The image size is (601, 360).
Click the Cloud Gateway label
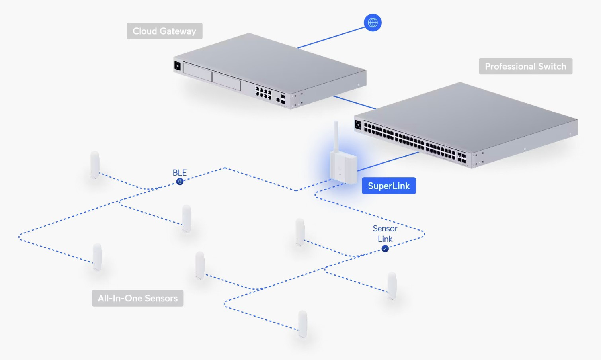pos(164,31)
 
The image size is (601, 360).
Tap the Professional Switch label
pos(525,66)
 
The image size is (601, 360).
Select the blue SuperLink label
pos(388,186)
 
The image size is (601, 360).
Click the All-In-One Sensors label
pos(137,298)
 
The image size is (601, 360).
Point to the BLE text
pos(180,172)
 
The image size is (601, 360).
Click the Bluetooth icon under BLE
pos(180,182)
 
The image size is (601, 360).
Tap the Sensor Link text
pos(385,233)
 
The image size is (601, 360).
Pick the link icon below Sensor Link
pos(385,249)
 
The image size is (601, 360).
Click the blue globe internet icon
pos(373,23)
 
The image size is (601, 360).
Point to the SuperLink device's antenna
pos(336,135)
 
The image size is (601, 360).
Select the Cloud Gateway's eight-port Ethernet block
pos(263,93)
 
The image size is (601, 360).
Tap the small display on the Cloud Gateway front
pos(178,66)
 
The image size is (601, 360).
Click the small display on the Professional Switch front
pos(358,125)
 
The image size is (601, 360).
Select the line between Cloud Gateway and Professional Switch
pos(354,102)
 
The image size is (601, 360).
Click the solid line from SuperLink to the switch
pos(388,161)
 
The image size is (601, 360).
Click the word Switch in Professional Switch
pos(552,66)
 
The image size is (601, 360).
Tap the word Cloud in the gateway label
pos(144,31)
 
